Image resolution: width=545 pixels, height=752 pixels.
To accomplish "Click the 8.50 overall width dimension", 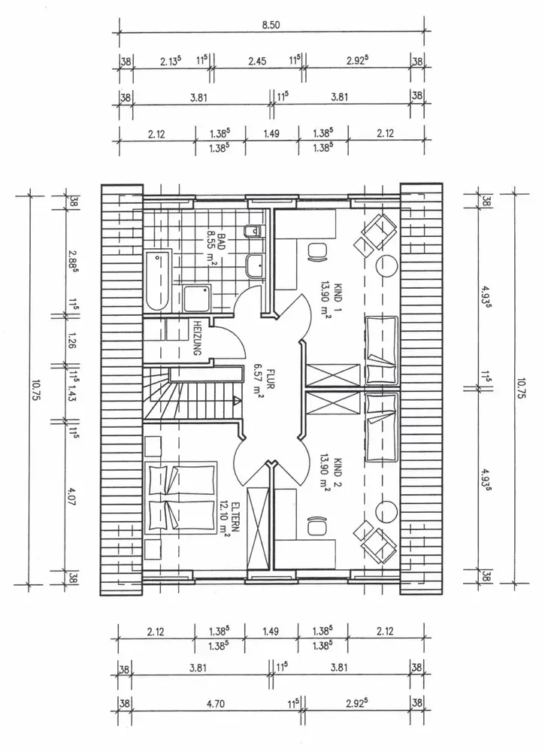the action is pyautogui.click(x=271, y=25).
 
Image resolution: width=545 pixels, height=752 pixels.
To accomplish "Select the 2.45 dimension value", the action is pyautogui.click(x=257, y=61).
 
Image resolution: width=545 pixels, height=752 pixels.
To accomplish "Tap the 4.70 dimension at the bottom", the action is pyautogui.click(x=215, y=704).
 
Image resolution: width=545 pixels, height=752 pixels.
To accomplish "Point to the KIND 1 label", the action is pyautogui.click(x=338, y=299).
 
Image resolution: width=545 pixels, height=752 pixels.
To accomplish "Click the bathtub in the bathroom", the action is pyautogui.click(x=158, y=280).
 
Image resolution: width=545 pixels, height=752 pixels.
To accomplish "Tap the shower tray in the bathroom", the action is pyautogui.click(x=196, y=299).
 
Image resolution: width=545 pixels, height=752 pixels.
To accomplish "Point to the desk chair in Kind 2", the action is pyautogui.click(x=316, y=527).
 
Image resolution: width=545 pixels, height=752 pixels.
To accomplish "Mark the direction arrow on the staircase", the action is pyautogui.click(x=237, y=399).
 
